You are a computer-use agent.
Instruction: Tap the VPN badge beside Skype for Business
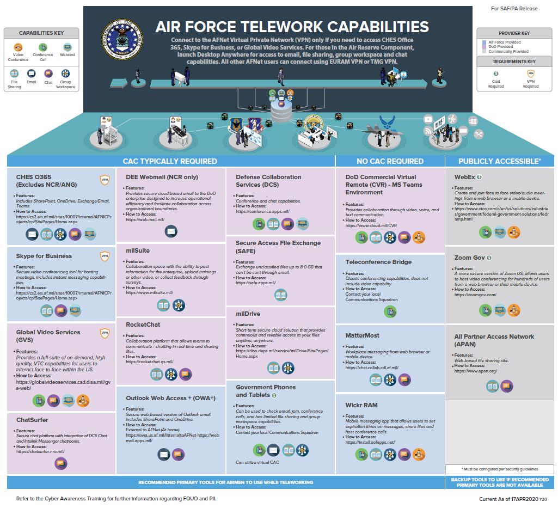point(105,256)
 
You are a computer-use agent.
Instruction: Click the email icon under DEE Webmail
point(171,231)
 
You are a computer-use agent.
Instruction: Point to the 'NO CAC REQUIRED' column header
point(389,161)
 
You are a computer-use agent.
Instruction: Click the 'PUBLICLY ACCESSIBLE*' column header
point(499,161)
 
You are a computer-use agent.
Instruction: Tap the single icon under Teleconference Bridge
point(390,311)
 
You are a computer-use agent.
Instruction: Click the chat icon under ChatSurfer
point(61,463)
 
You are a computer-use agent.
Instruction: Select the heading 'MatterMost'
point(362,335)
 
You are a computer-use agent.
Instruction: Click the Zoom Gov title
point(469,258)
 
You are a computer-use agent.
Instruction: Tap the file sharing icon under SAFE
point(281,295)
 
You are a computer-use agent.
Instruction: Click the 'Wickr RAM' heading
point(361,405)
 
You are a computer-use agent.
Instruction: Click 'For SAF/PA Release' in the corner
point(514,9)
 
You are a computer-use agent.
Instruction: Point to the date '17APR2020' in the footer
point(523,499)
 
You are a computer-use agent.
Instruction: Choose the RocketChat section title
point(143,324)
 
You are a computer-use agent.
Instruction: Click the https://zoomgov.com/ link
point(475,295)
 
